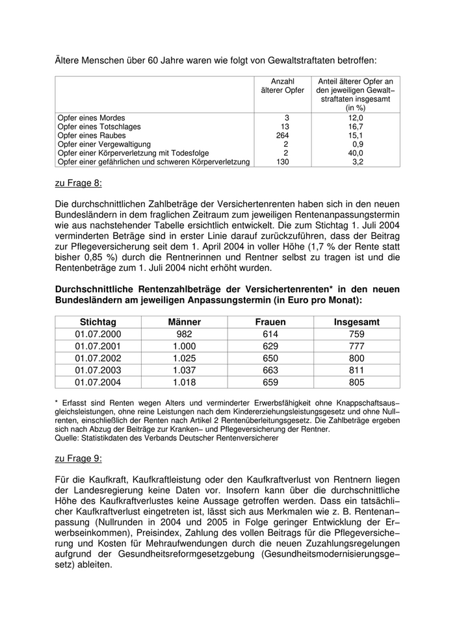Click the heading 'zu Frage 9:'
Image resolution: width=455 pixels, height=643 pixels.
[x=78, y=458]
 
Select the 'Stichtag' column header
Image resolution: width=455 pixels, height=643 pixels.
[x=97, y=322]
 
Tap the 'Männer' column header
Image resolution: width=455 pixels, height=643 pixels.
[x=184, y=322]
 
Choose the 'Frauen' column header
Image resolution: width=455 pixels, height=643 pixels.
[x=270, y=322]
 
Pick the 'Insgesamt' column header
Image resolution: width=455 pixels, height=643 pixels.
[x=357, y=322]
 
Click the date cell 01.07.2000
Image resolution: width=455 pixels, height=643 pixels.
[x=97, y=334]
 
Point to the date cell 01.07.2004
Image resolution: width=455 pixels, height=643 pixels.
[x=97, y=382]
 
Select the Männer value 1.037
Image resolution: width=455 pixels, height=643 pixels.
[x=184, y=370]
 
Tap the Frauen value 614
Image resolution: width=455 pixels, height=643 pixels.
[x=270, y=334]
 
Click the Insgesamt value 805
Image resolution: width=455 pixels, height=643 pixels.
[x=357, y=382]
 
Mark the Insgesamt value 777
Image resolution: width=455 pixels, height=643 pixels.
[x=357, y=346]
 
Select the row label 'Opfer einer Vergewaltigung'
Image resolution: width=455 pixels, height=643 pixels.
[x=105, y=144]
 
